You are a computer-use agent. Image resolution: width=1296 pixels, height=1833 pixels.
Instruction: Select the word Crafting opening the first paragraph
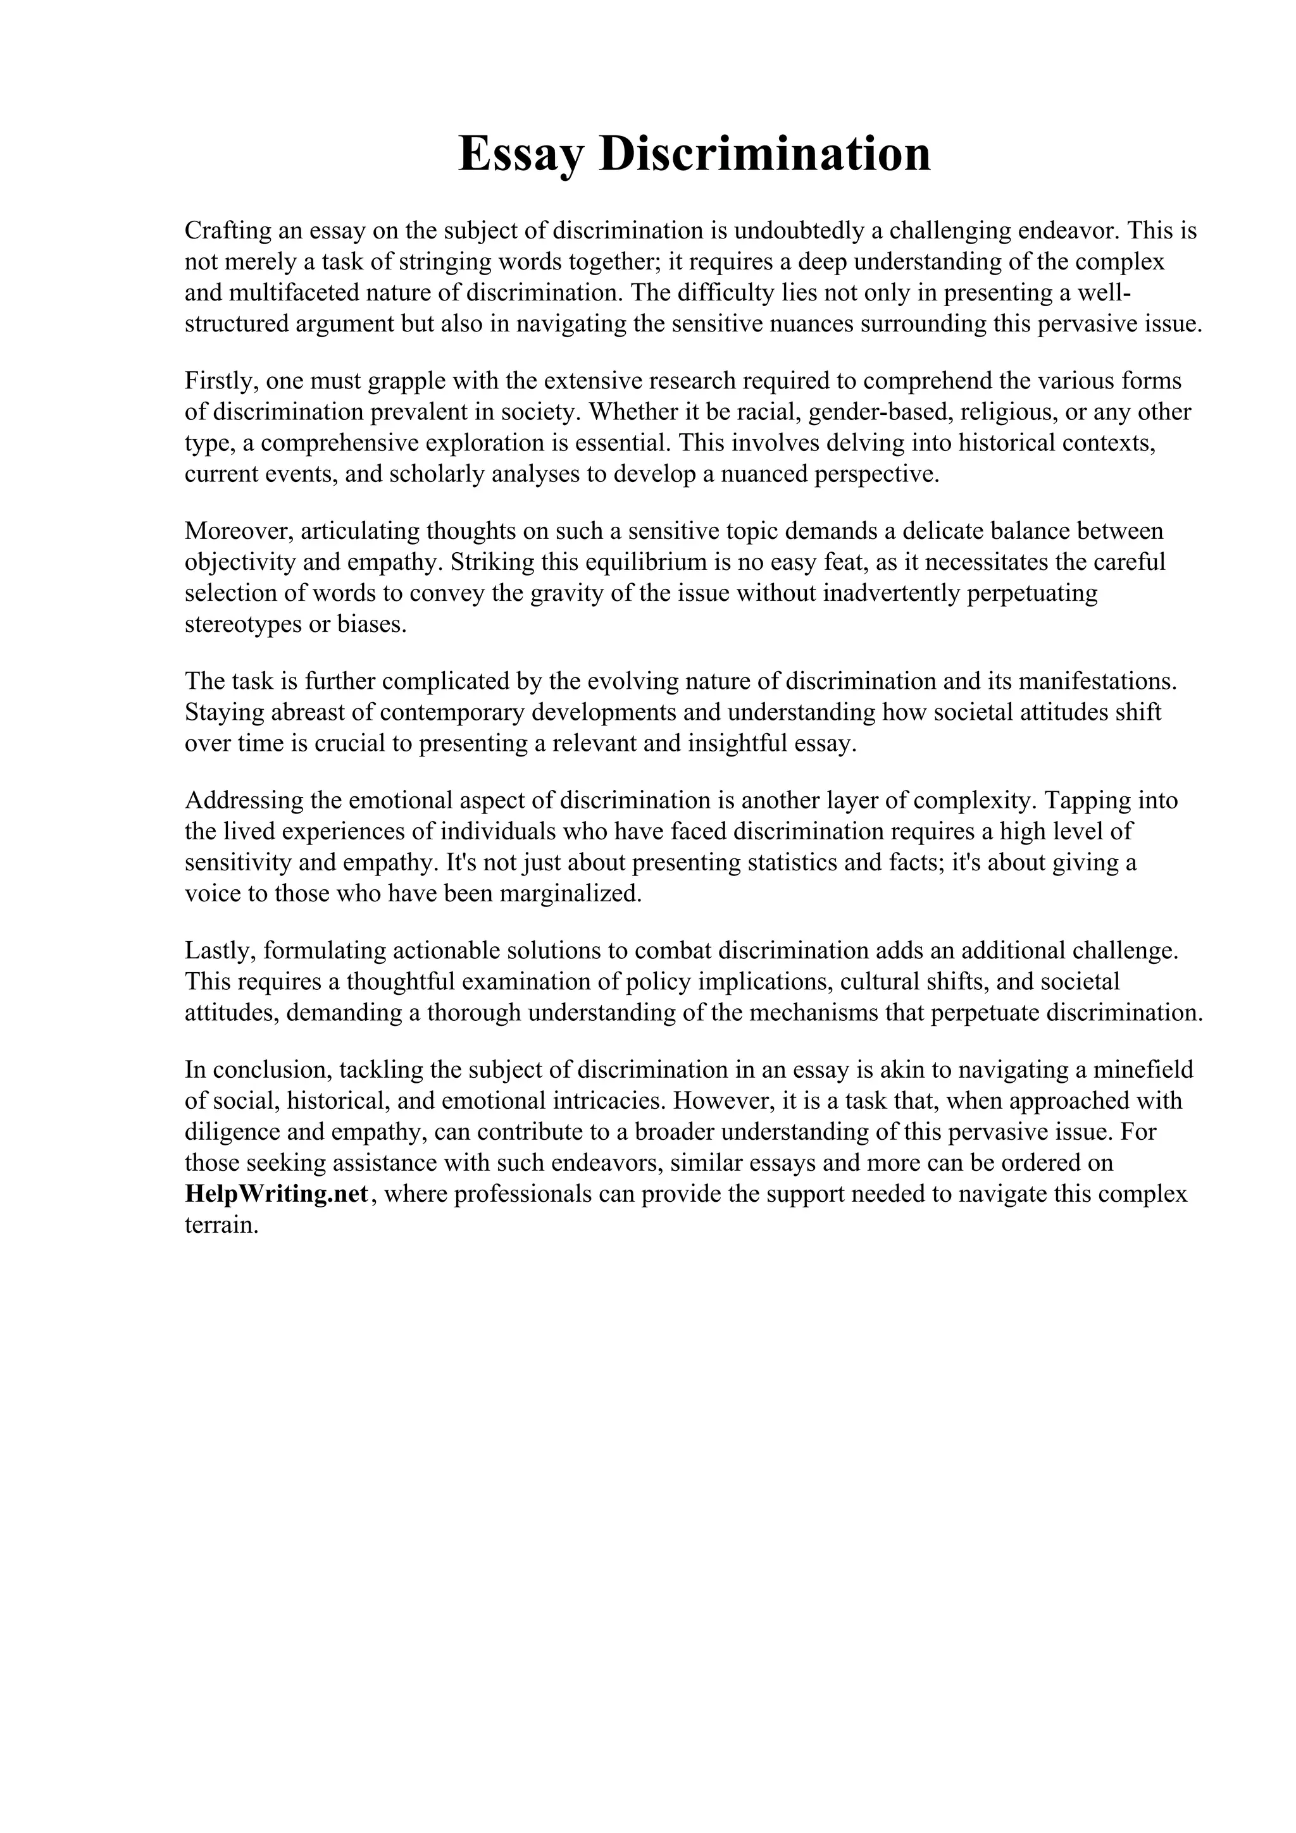228,231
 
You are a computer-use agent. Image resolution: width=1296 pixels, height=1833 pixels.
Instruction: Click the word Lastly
219,951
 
